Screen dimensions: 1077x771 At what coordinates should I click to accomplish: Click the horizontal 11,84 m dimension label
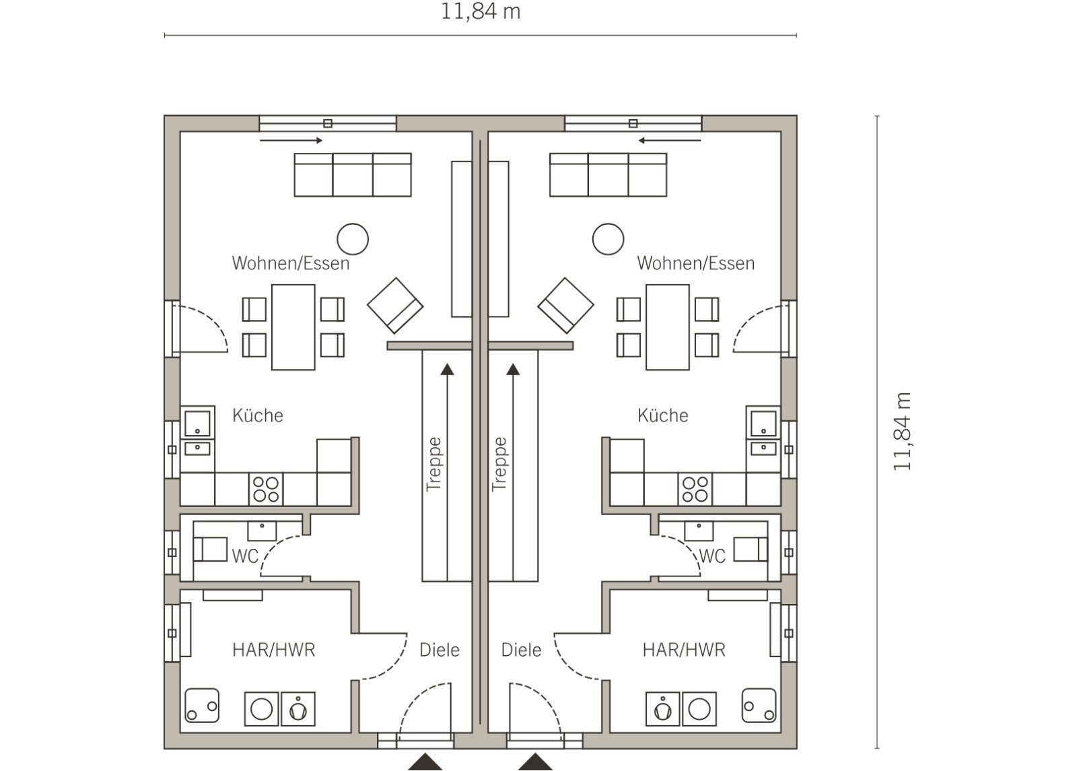(481, 11)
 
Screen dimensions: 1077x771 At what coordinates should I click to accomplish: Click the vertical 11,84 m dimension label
(902, 432)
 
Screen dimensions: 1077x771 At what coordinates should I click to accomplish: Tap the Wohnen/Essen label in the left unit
(290, 263)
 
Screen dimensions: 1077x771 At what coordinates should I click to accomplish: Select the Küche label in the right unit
(662, 415)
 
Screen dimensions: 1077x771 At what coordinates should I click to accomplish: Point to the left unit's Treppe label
(434, 465)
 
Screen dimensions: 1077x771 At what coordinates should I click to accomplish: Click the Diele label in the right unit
(521, 650)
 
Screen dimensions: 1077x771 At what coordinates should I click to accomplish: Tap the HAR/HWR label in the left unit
(273, 650)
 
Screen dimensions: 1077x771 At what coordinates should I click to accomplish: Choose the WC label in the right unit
(711, 556)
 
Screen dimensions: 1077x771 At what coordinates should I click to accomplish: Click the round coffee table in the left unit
(353, 239)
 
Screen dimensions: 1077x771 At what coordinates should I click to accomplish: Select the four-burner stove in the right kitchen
(695, 489)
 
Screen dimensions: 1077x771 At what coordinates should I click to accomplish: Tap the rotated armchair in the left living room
(395, 306)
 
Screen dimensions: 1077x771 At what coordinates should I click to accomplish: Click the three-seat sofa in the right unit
(609, 174)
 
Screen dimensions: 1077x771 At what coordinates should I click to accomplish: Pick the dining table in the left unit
(293, 327)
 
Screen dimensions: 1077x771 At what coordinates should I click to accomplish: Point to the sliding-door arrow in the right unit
(669, 141)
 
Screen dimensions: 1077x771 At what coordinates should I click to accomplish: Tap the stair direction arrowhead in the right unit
(513, 370)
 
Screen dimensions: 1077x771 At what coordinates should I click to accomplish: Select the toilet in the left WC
(210, 549)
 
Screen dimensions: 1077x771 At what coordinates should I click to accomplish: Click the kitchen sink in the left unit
(197, 424)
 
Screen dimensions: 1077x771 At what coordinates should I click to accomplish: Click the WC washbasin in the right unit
(699, 531)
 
